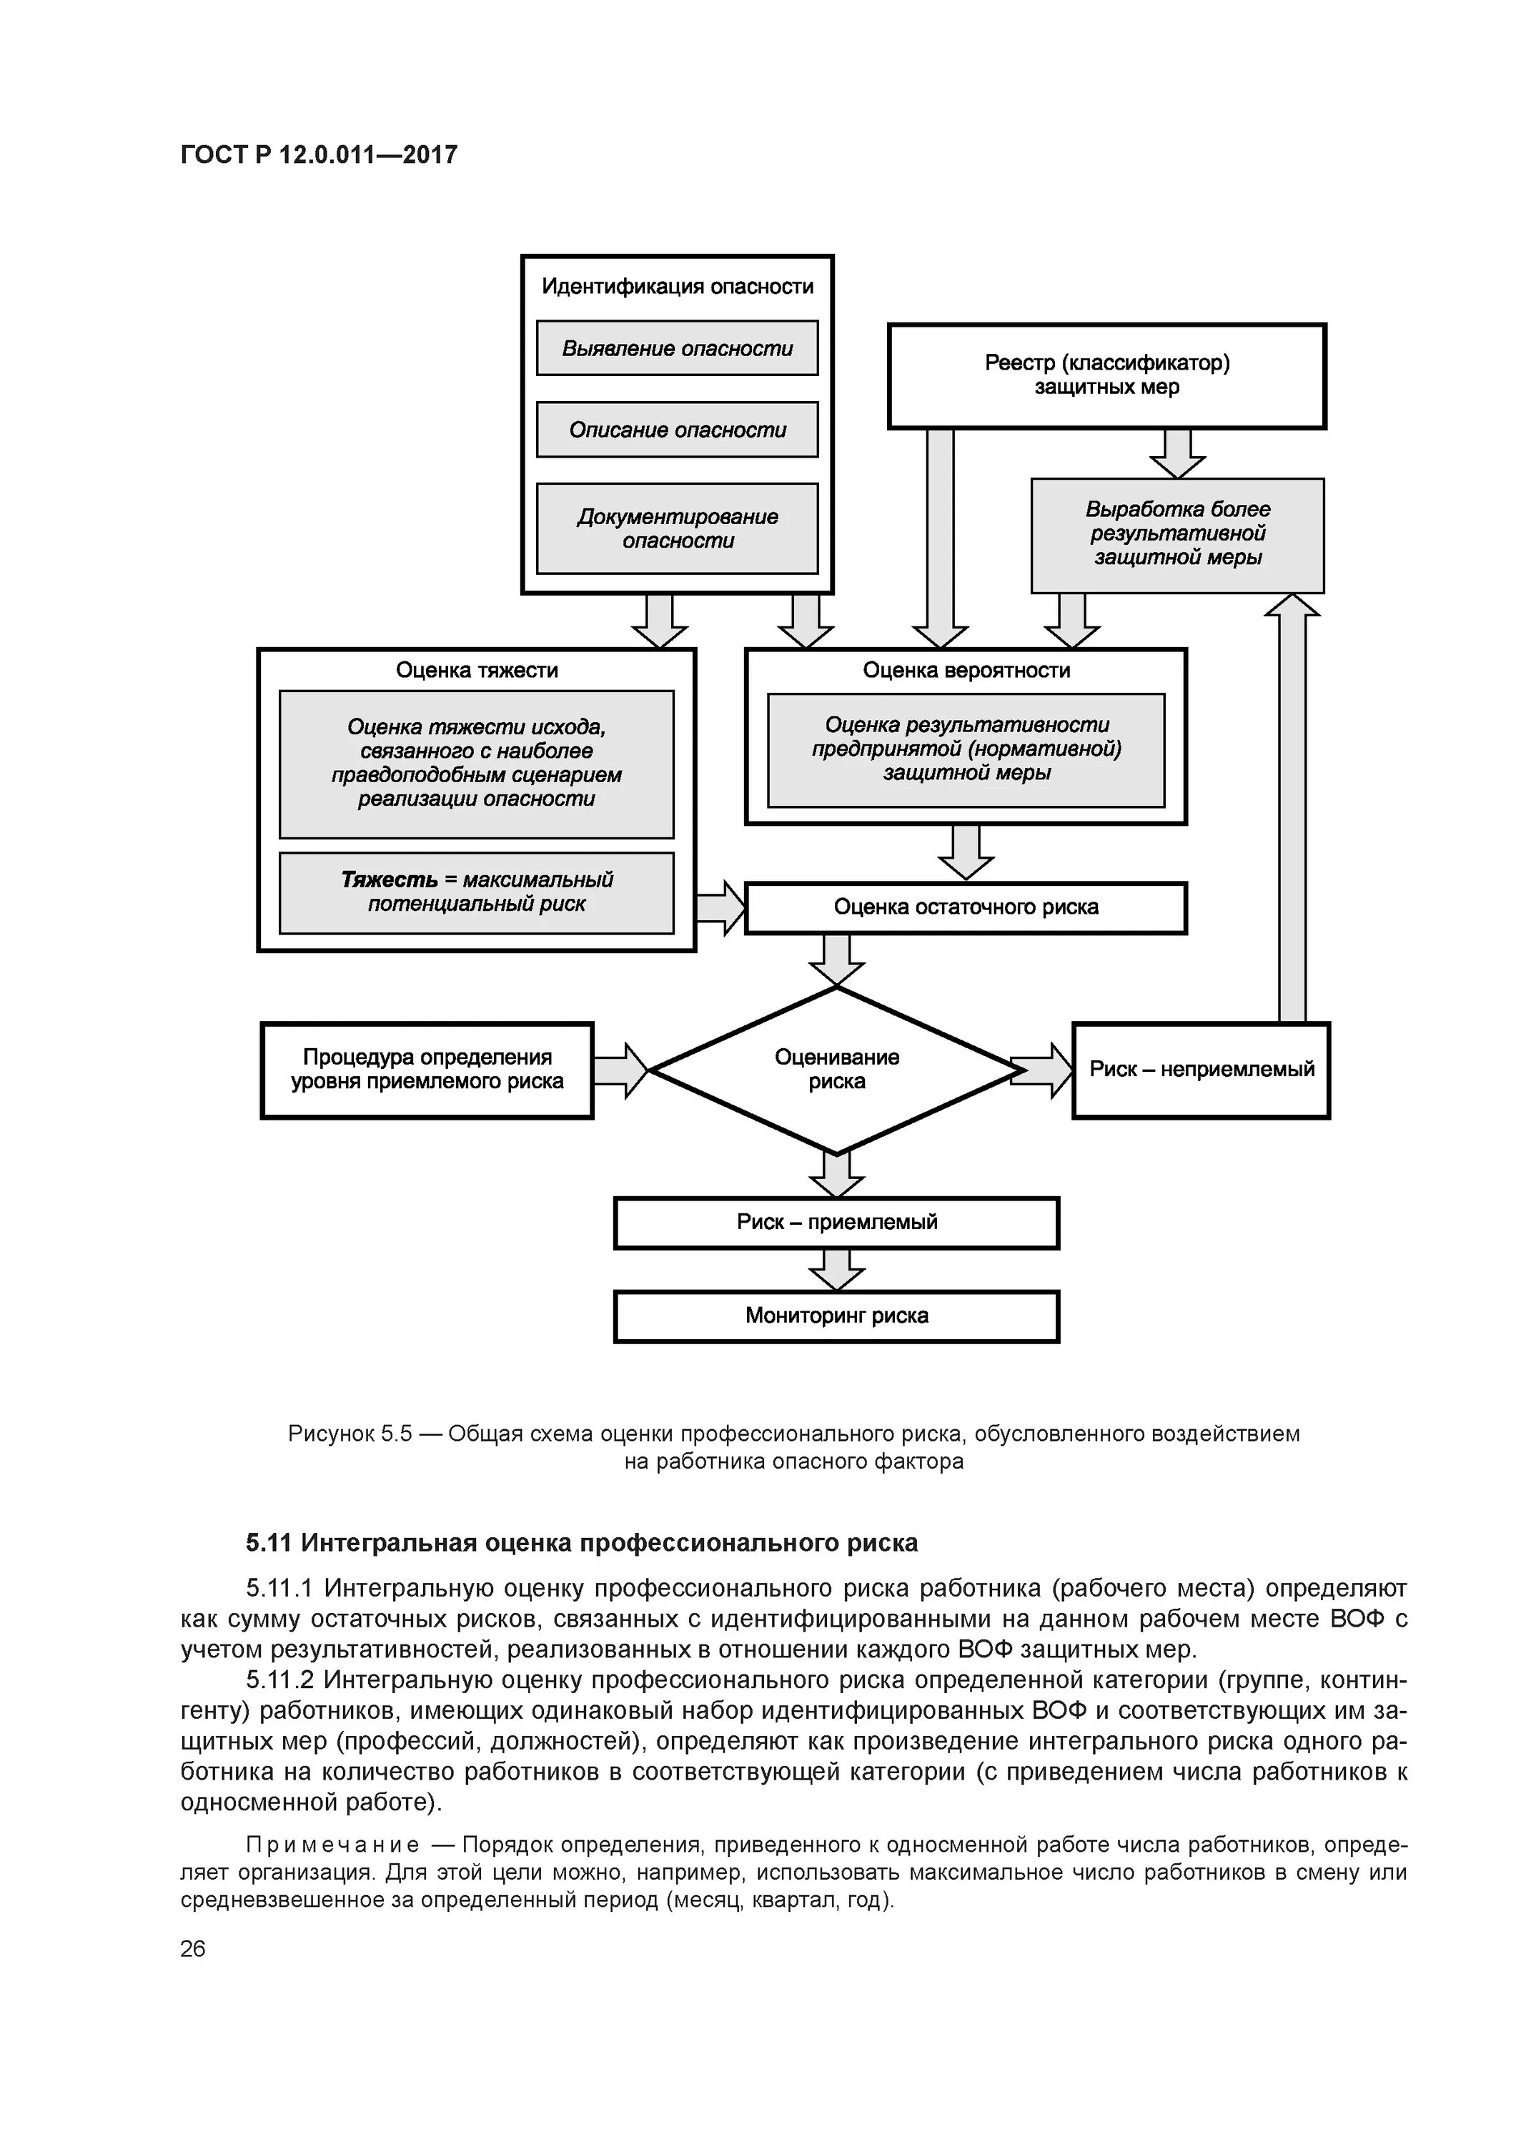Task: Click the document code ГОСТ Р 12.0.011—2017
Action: [x=319, y=155]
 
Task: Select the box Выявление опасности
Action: [x=677, y=348]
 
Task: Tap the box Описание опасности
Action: [x=677, y=430]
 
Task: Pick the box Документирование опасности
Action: [x=677, y=529]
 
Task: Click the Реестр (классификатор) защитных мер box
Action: [x=1107, y=375]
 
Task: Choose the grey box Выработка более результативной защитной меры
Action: [x=1177, y=534]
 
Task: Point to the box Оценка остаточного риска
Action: [x=966, y=907]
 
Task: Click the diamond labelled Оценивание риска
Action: [x=837, y=1070]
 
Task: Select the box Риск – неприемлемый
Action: [x=1202, y=1070]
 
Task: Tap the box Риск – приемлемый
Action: [x=837, y=1223]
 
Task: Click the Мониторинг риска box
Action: [x=837, y=1316]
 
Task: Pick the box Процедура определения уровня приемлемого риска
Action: [x=427, y=1070]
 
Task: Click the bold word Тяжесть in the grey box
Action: [x=389, y=880]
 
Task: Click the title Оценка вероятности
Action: [x=966, y=670]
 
